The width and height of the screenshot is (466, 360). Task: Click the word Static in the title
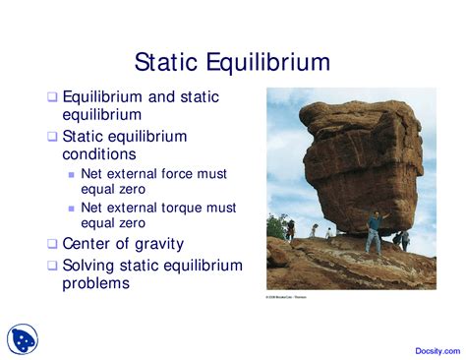(166, 64)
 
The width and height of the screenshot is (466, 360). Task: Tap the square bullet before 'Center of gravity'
(53, 244)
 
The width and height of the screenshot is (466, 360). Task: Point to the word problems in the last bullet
(96, 284)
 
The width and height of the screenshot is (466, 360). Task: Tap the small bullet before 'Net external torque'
(71, 209)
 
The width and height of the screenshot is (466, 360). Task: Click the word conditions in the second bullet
(99, 154)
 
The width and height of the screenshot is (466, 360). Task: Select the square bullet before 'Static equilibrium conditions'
(53, 137)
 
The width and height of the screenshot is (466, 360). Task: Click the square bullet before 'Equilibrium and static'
(53, 97)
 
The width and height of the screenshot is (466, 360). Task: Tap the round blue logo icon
(24, 339)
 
